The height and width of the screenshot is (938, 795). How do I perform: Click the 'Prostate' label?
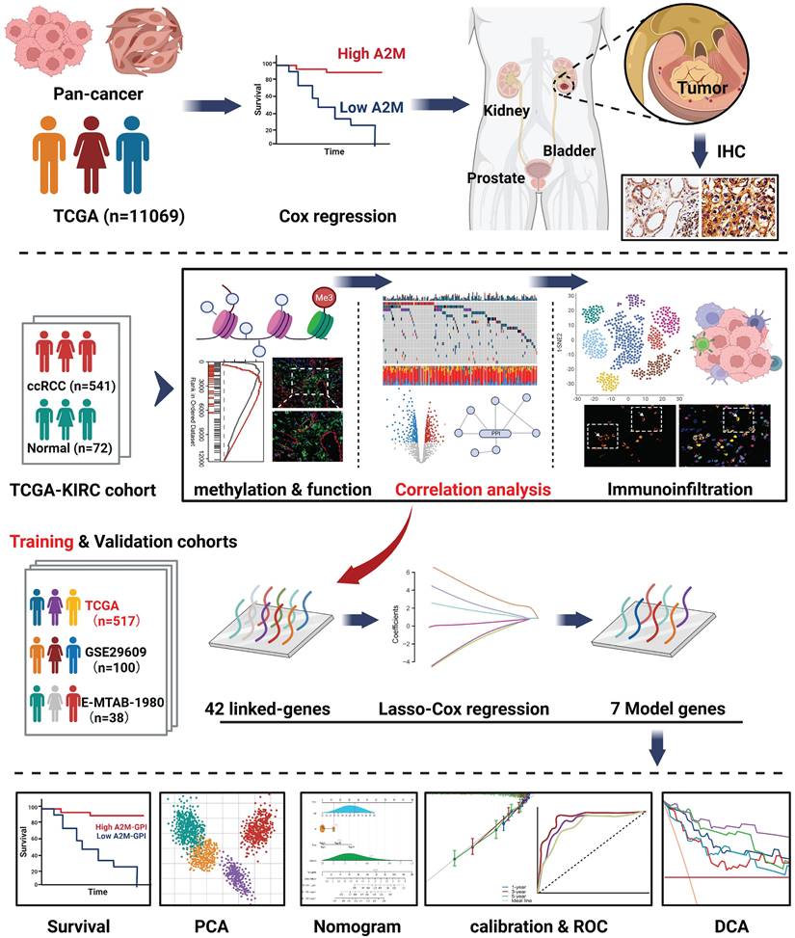point(496,178)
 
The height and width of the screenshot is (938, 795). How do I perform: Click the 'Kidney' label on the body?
point(507,111)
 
